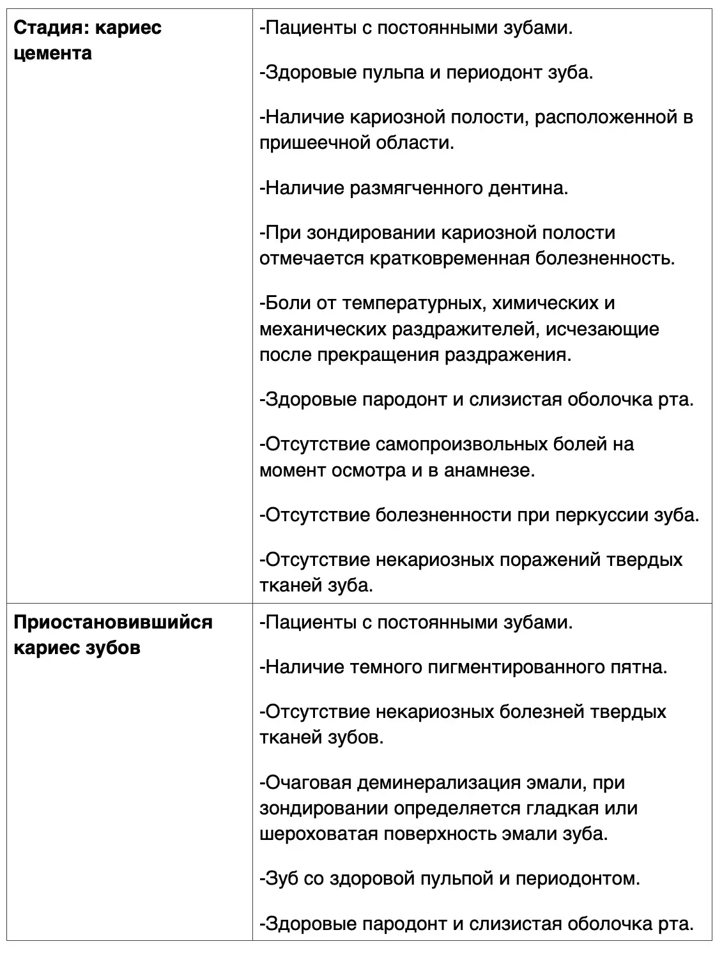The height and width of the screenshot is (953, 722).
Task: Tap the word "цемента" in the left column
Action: click(52, 53)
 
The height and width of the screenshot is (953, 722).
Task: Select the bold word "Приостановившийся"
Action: click(113, 622)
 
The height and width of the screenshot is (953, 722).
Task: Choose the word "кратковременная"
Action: click(449, 258)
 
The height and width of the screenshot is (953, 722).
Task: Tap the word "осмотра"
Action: click(368, 470)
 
